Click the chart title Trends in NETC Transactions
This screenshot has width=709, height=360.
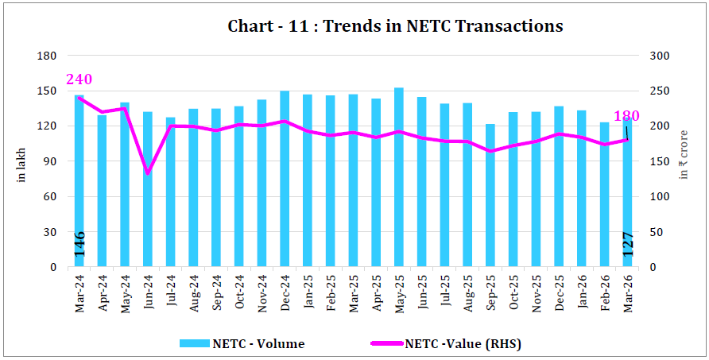(395, 26)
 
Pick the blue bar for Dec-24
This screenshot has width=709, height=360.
(285, 179)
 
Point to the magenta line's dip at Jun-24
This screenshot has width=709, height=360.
(148, 172)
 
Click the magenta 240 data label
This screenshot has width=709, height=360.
(79, 79)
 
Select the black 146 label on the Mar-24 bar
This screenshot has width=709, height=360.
(79, 243)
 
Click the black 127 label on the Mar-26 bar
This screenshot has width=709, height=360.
(628, 243)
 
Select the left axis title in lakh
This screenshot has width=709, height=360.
(21, 163)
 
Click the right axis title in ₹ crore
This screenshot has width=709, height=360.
(684, 163)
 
